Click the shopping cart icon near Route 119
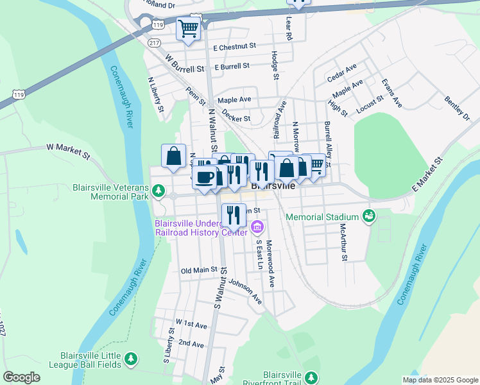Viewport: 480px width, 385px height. click(x=188, y=29)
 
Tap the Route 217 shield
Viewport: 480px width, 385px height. click(x=154, y=43)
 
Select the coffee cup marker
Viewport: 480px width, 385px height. click(x=205, y=177)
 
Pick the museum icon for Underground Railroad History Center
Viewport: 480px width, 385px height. click(x=257, y=227)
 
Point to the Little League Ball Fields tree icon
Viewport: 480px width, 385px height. click(x=131, y=358)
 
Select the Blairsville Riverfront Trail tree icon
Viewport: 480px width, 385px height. click(x=311, y=377)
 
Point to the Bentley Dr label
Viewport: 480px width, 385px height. click(x=457, y=107)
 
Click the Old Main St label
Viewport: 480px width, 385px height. click(x=200, y=270)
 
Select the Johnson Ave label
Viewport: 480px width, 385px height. click(x=246, y=291)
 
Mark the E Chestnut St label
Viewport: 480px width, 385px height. click(x=235, y=47)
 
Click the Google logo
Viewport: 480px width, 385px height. click(x=21, y=377)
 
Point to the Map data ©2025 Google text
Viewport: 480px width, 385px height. click(x=440, y=380)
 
